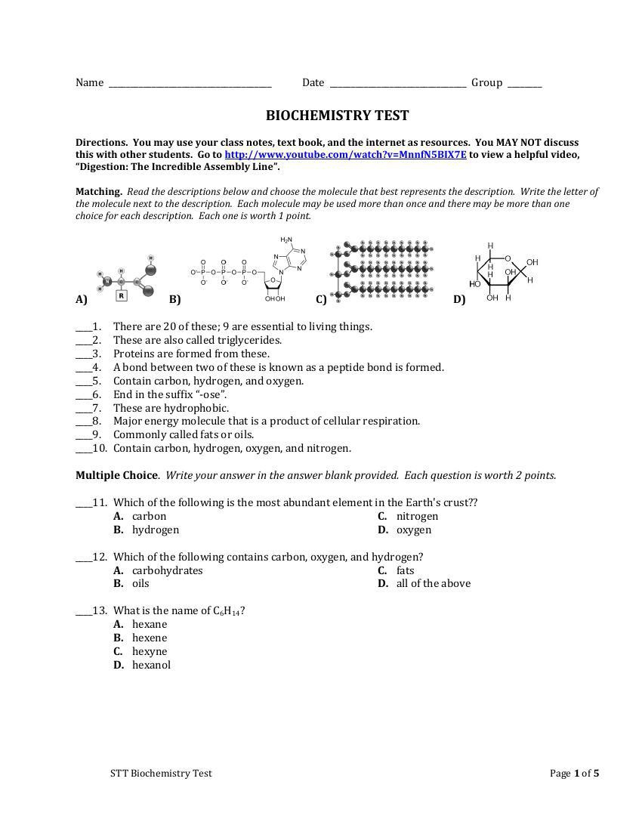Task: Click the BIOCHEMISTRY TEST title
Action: click(337, 116)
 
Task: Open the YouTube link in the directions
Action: click(345, 155)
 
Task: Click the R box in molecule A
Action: click(122, 296)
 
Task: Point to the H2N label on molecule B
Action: click(286, 240)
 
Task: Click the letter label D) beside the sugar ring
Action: click(459, 299)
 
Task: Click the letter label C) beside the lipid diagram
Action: click(321, 299)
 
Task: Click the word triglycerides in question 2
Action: click(249, 340)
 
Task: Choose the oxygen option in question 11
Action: click(414, 530)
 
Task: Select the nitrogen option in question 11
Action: click(417, 516)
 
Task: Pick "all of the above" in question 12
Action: click(433, 583)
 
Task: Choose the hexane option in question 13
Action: click(150, 624)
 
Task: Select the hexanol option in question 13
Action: click(151, 665)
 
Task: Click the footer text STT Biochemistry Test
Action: click(161, 773)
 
